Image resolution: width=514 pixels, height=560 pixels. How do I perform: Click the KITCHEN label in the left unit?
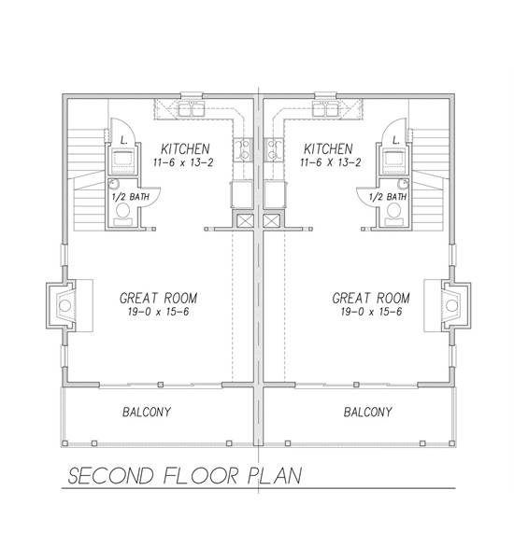(184, 149)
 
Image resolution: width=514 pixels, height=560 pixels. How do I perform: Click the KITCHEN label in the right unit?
(327, 149)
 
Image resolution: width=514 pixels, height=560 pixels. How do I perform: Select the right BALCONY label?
(367, 412)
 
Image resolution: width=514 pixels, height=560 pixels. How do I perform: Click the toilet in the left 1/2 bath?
(122, 214)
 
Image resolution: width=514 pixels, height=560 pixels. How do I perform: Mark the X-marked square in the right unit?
(272, 220)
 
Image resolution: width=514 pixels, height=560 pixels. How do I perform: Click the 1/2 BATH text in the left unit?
(125, 197)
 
